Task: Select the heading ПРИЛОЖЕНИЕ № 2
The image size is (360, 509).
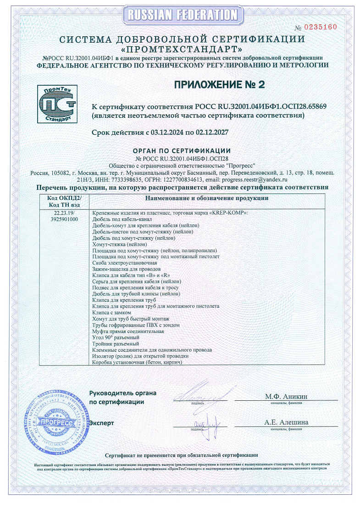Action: point(219,84)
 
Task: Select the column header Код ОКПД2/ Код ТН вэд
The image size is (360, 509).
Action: point(63,201)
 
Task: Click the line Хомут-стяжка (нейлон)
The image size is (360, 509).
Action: point(117,245)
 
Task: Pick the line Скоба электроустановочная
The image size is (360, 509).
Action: point(124,263)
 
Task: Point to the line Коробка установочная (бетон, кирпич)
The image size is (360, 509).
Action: point(137,362)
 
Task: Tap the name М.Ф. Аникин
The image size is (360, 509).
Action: point(286,396)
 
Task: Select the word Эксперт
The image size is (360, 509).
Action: point(101,423)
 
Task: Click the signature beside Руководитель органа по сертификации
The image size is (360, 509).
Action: point(194,395)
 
